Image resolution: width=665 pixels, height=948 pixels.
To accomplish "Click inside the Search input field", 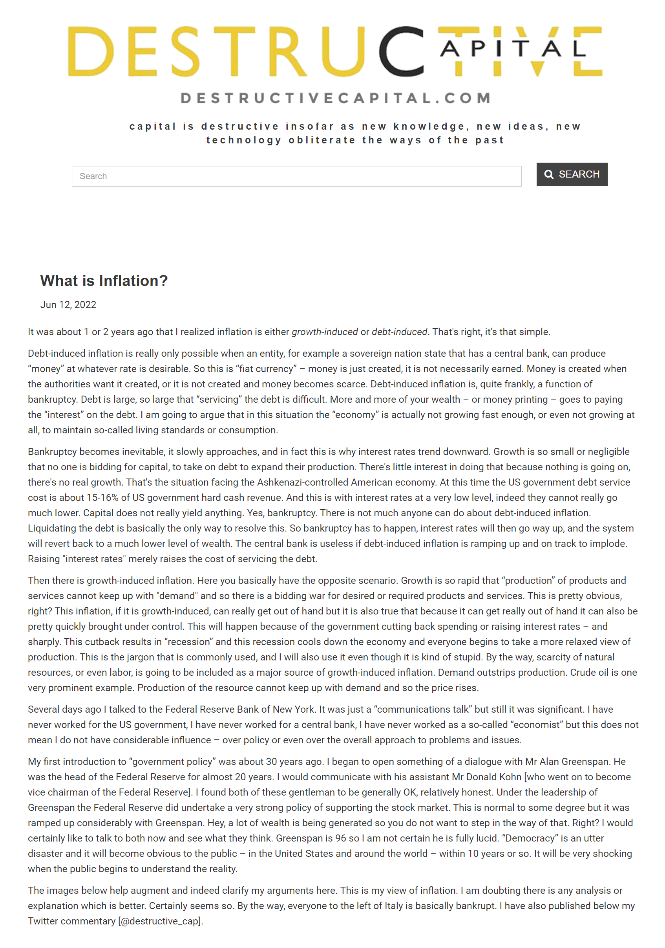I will (296, 176).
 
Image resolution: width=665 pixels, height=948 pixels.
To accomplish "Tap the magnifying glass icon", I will (548, 175).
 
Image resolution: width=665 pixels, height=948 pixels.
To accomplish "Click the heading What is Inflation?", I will (104, 281).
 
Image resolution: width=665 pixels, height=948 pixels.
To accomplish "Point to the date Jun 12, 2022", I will (68, 305).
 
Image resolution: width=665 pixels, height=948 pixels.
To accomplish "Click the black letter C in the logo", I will (401, 51).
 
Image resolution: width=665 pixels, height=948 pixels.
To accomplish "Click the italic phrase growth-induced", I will (325, 332).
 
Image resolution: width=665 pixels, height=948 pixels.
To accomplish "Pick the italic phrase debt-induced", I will (399, 332).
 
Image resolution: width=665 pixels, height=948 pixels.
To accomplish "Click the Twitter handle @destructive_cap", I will (161, 921).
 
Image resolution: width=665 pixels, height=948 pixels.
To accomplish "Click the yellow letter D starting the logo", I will (91, 51).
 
